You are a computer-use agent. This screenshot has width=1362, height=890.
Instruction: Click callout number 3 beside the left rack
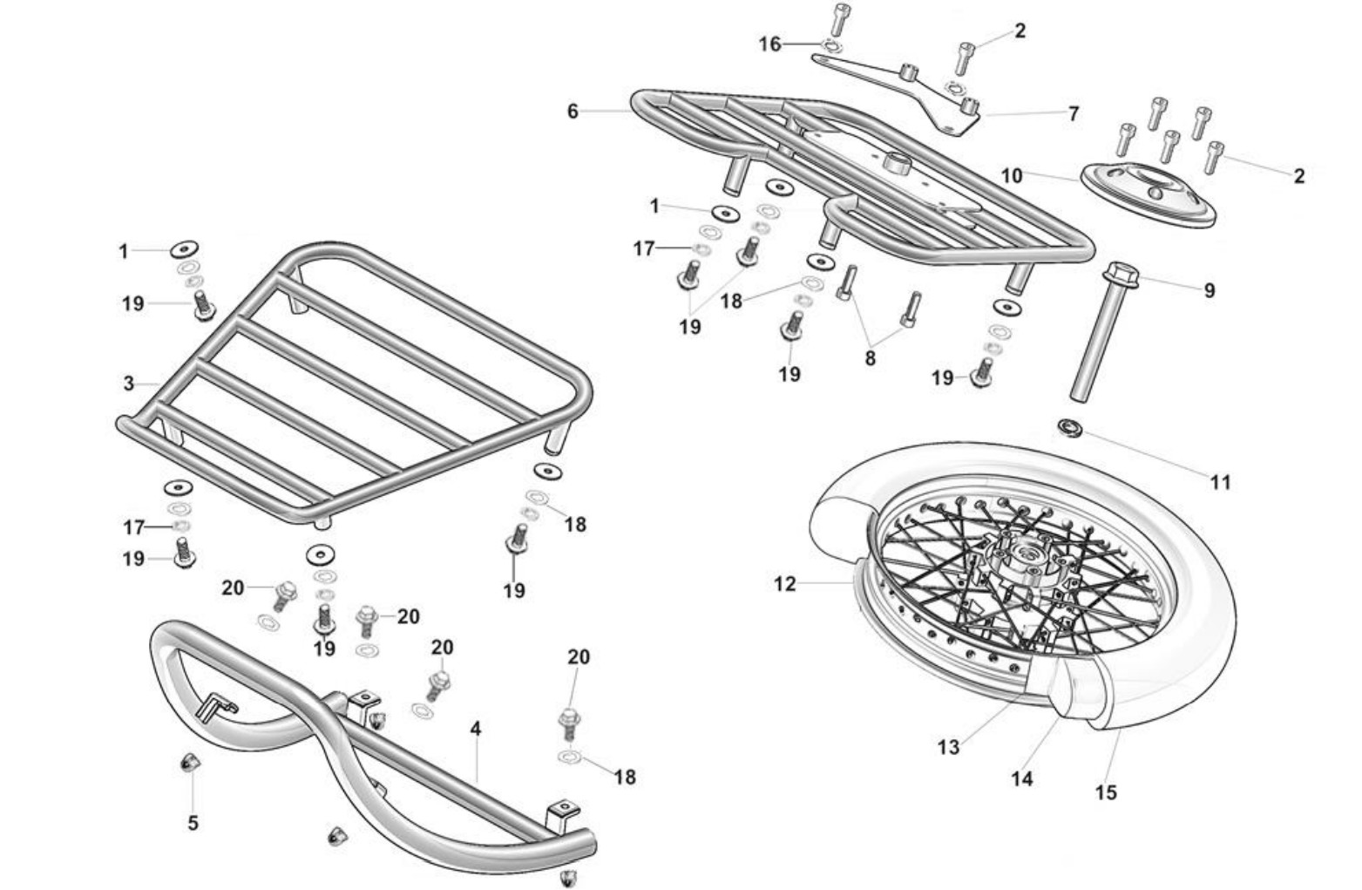(128, 384)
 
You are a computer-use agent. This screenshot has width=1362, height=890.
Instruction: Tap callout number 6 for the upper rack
(572, 112)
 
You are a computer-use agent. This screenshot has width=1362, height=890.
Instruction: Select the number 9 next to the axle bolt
(1209, 290)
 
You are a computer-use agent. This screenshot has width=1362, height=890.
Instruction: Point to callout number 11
(1220, 481)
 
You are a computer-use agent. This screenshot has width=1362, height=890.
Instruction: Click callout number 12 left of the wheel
(784, 583)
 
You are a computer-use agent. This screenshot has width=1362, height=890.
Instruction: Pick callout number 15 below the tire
(1105, 792)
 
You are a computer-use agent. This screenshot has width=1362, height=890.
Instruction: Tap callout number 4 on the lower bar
(476, 728)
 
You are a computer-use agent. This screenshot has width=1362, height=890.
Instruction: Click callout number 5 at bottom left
(193, 822)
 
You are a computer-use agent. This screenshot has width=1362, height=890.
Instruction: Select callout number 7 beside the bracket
(1074, 113)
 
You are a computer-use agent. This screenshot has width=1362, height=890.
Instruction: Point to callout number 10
(1011, 175)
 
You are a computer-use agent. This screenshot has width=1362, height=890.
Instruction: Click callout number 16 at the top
(769, 44)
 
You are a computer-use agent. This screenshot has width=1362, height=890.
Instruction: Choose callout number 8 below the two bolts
(870, 357)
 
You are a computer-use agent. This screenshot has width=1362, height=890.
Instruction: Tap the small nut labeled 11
(1069, 427)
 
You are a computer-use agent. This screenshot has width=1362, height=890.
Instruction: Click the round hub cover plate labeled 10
(1149, 193)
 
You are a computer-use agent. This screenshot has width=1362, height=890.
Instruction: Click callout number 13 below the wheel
(948, 746)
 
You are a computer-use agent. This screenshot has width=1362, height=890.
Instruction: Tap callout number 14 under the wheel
(1021, 778)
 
